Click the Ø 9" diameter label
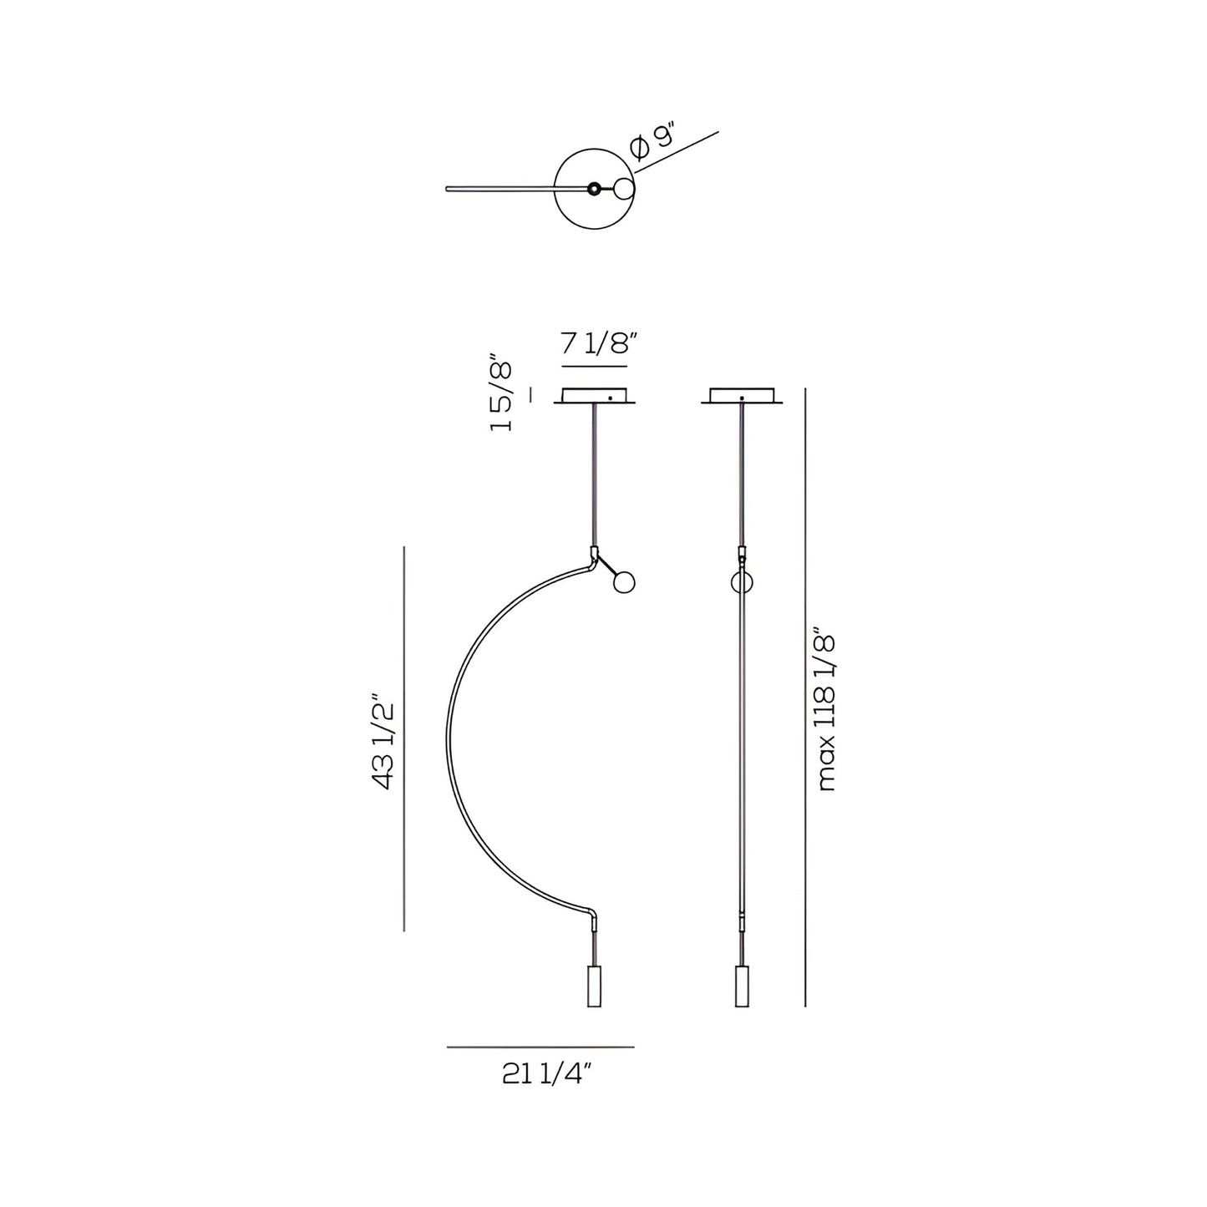pyautogui.click(x=652, y=140)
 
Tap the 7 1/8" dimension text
pyautogui.click(x=599, y=342)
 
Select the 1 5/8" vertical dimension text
pyautogui.click(x=501, y=395)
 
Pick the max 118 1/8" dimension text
pyautogui.click(x=827, y=713)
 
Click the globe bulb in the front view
pyautogui.click(x=623, y=582)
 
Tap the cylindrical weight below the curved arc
pyautogui.click(x=594, y=986)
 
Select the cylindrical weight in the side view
pyautogui.click(x=741, y=986)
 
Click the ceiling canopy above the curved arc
pyautogui.click(x=596, y=397)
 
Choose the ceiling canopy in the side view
pyautogui.click(x=742, y=397)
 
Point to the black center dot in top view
pyautogui.click(x=593, y=189)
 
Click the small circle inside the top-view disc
pyautogui.click(x=624, y=189)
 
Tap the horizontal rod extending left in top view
pyautogui.click(x=501, y=188)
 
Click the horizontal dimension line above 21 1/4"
pyautogui.click(x=540, y=1047)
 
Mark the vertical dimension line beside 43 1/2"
pyautogui.click(x=404, y=739)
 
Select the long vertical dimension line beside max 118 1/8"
pyautogui.click(x=804, y=697)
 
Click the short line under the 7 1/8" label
pyautogui.click(x=594, y=367)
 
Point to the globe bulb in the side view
pyautogui.click(x=741, y=582)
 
